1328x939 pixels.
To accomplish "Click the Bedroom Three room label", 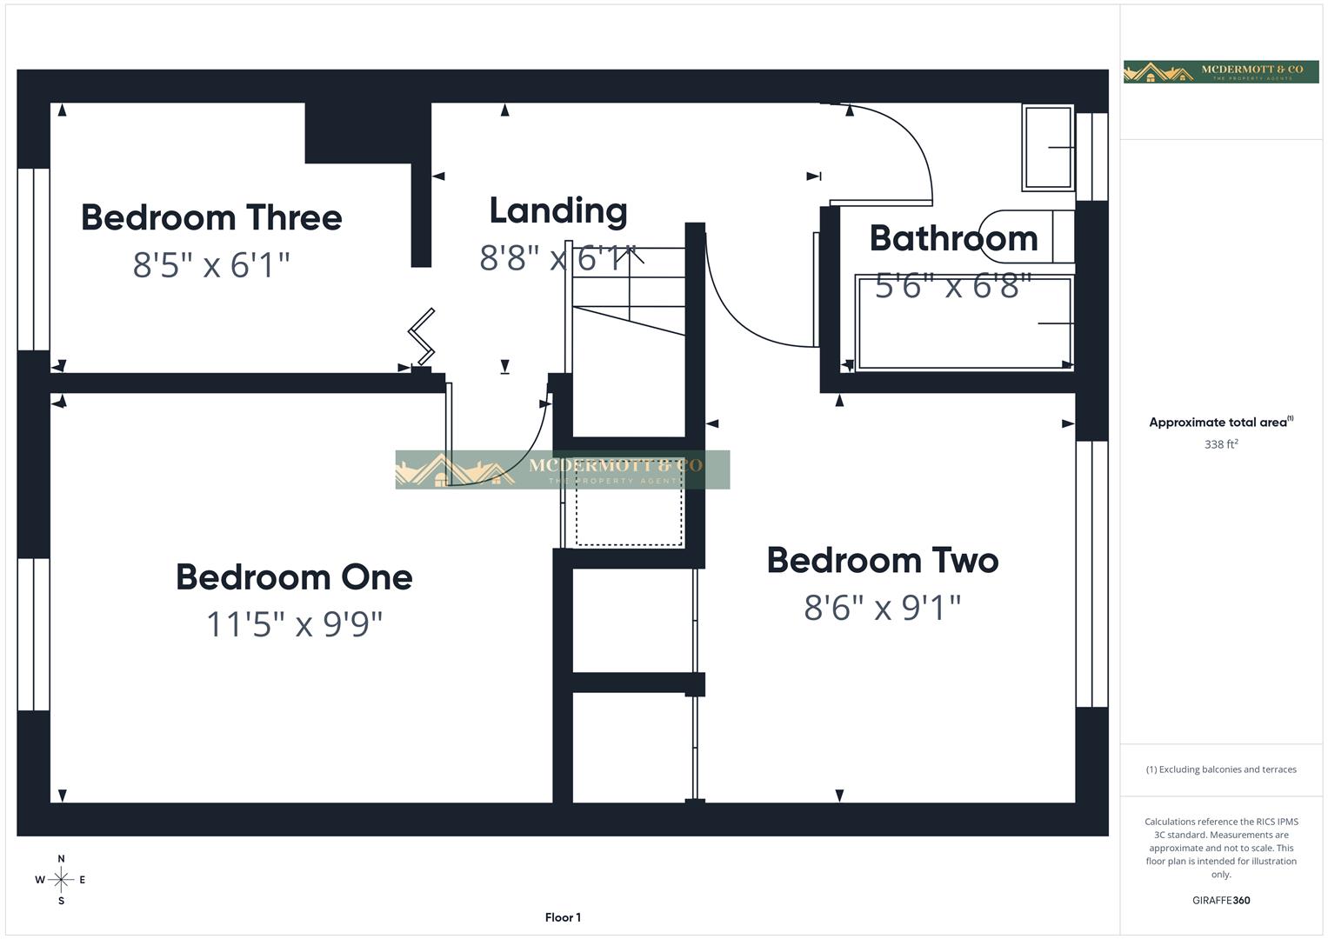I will click(211, 217).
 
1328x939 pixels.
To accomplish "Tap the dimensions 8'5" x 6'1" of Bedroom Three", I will click(211, 264).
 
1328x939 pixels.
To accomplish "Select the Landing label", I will click(557, 210).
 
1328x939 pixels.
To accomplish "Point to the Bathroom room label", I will click(953, 238).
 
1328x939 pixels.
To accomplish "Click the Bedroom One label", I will click(294, 577).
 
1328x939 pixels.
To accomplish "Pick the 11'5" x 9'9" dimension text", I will click(294, 624).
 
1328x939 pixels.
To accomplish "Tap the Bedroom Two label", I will click(882, 561).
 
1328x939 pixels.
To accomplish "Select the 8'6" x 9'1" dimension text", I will click(882, 608).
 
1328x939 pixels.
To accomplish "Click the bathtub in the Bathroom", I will click(964, 324).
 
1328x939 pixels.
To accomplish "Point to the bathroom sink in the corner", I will click(1048, 147).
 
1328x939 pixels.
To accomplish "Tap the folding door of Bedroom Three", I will click(422, 336).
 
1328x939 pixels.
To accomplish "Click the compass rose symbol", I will click(61, 880).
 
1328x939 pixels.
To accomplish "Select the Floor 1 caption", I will click(563, 917).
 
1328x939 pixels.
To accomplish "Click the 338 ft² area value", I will click(1221, 444).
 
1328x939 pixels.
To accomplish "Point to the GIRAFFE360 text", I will click(1221, 901).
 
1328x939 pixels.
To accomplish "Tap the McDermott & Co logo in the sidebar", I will click(1221, 71).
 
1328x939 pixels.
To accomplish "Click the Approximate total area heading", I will click(1221, 423).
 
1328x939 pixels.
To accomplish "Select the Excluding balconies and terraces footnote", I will click(1221, 769).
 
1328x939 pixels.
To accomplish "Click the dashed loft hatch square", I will click(628, 516).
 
